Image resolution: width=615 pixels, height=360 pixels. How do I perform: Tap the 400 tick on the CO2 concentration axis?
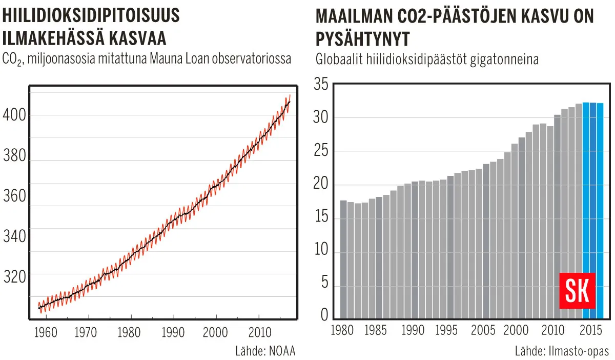coord(14,115)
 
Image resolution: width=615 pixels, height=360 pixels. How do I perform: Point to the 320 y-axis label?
coord(14,277)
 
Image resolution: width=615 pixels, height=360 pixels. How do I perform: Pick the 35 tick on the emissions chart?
coord(321,84)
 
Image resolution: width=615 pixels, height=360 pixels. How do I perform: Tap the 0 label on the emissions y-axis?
coord(324,314)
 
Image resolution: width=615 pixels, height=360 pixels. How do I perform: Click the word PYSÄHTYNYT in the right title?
coord(363,39)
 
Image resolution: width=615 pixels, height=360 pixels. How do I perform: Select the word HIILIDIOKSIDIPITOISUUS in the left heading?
coord(91,16)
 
